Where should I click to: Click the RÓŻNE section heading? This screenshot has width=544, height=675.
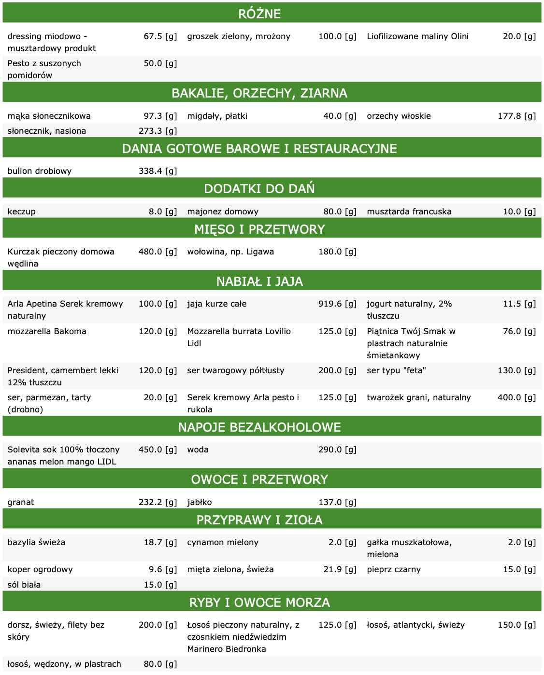pyautogui.click(x=259, y=14)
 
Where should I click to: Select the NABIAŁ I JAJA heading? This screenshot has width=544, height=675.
pyautogui.click(x=259, y=281)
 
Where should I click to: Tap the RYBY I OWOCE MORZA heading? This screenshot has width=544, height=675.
pyautogui.click(x=259, y=603)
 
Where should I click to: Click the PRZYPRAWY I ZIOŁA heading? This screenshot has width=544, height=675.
pyautogui.click(x=259, y=520)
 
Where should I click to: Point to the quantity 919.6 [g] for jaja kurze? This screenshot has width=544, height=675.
pyautogui.click(x=337, y=304)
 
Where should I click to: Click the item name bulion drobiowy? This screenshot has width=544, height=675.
pyautogui.click(x=40, y=171)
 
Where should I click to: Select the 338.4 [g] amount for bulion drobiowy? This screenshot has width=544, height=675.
pyautogui.click(x=158, y=171)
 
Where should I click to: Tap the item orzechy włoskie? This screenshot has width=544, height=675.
pyautogui.click(x=399, y=116)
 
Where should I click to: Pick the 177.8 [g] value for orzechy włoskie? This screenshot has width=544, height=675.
pyautogui.click(x=516, y=116)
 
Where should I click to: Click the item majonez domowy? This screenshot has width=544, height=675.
pyautogui.click(x=223, y=211)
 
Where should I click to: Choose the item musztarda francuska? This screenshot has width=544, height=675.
pyautogui.click(x=409, y=211)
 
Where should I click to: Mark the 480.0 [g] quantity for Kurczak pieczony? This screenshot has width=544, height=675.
pyautogui.click(x=158, y=252)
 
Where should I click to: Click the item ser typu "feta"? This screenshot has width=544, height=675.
pyautogui.click(x=396, y=370)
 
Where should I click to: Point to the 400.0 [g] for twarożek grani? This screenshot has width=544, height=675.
pyautogui.click(x=516, y=397)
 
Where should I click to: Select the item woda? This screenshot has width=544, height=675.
pyautogui.click(x=198, y=450)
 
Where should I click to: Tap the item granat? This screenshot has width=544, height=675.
pyautogui.click(x=21, y=502)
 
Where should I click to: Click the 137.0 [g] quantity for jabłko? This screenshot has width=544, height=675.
pyautogui.click(x=337, y=502)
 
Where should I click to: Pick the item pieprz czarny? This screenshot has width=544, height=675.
pyautogui.click(x=394, y=569)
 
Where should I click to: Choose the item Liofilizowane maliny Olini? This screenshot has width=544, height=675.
pyautogui.click(x=417, y=36)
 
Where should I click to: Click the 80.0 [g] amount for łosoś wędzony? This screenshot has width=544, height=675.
pyautogui.click(x=160, y=664)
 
